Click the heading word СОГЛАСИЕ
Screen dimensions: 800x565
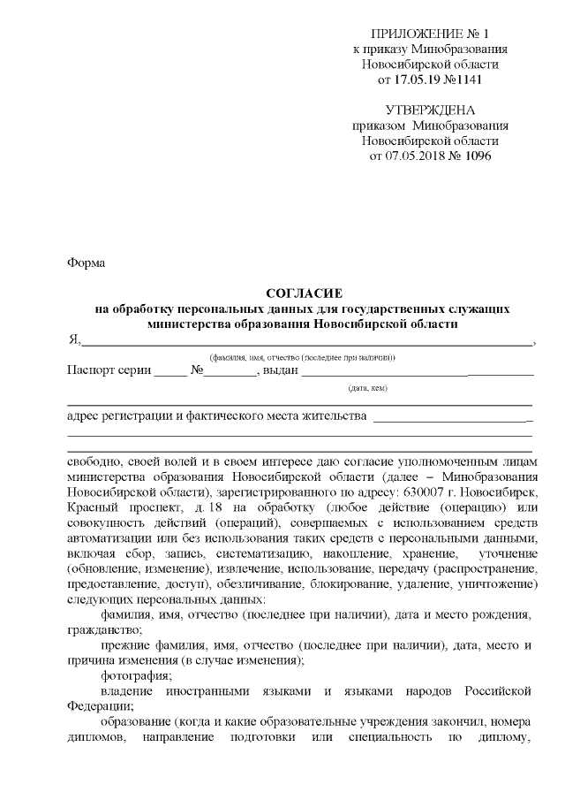pos(303,293)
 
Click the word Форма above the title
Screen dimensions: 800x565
pos(86,263)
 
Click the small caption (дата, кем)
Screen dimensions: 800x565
pos(367,387)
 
